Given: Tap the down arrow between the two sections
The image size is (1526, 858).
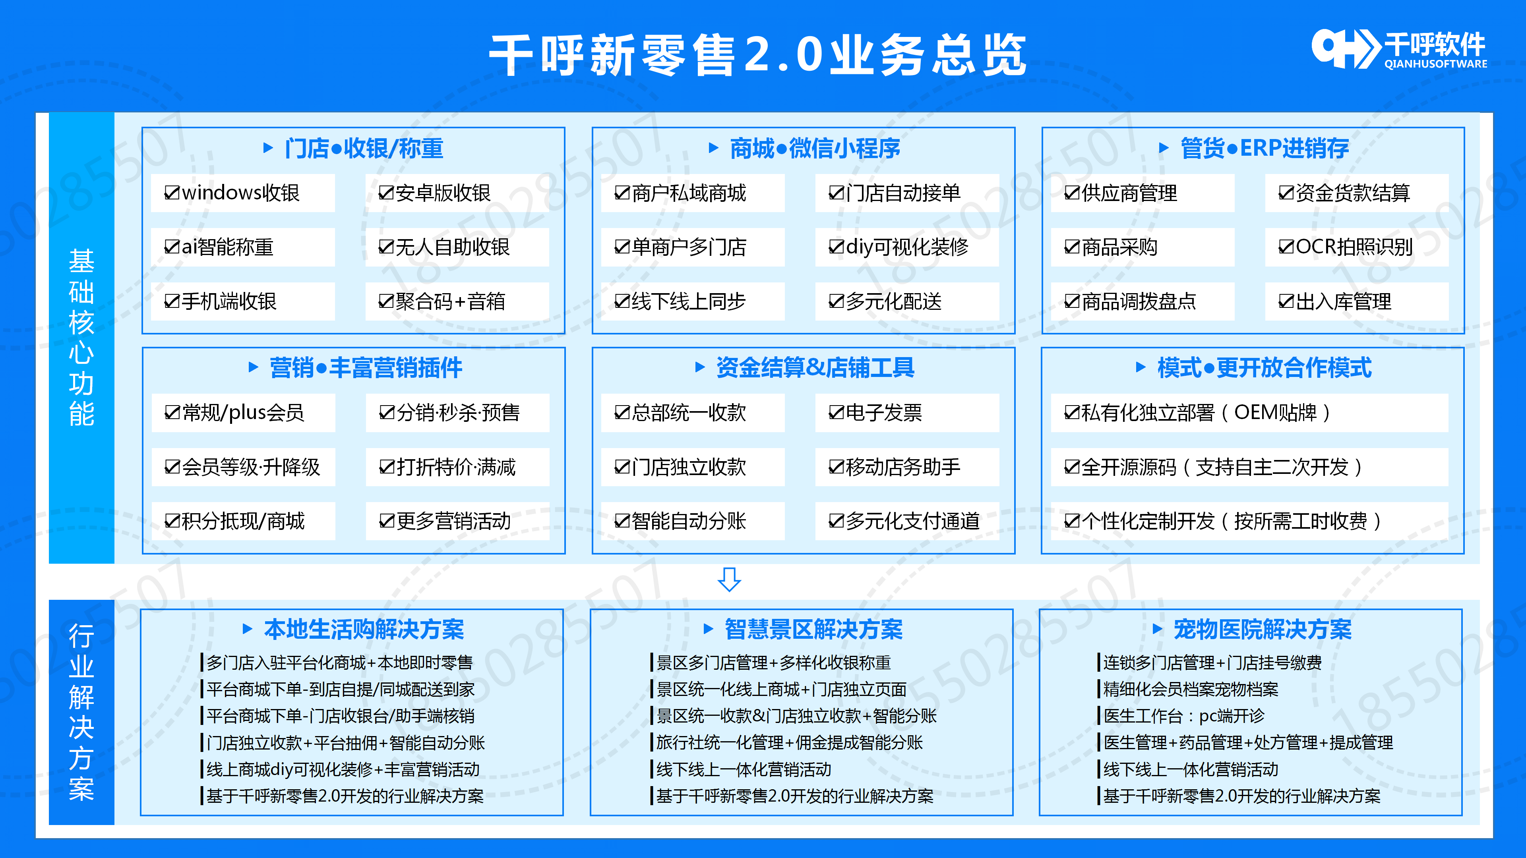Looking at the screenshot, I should coord(729,579).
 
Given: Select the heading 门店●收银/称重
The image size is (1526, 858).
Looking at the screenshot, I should coord(363,148).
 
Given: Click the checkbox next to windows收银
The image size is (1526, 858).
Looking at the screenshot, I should coord(172,193).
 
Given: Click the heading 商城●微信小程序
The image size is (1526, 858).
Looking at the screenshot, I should coord(815,148).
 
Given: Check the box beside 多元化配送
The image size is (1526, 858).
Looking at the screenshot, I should coord(836,302).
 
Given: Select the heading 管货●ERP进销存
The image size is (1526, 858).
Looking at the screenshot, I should coord(1264,148).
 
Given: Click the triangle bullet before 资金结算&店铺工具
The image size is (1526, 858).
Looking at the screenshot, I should coord(699,368).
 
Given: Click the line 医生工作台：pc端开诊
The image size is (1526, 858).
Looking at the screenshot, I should coord(1183,716).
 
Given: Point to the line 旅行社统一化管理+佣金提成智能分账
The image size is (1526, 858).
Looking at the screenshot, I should coord(789,742).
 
